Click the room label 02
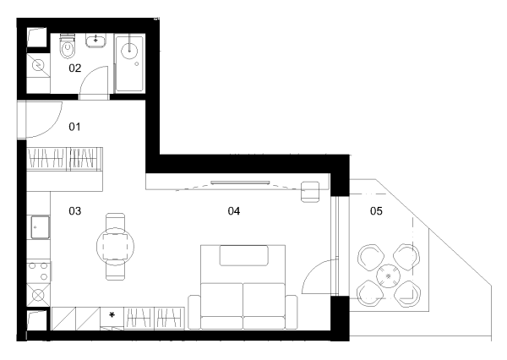[x=74, y=68]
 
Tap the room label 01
[x=74, y=127]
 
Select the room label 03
[x=74, y=211]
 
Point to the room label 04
[x=234, y=211]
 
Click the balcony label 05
[x=376, y=211]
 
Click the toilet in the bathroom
[x=68, y=46]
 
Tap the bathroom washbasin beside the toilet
[x=95, y=41]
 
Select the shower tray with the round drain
[x=129, y=63]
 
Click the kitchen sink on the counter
[x=40, y=227]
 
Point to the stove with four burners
[x=39, y=271]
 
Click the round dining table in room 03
[x=116, y=247]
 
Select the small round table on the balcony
[x=389, y=275]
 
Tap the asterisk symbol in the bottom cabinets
[x=112, y=314]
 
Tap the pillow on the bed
[x=244, y=255]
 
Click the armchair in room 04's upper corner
[x=310, y=192]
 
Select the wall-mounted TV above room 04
[x=240, y=183]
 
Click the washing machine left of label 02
[x=38, y=65]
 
